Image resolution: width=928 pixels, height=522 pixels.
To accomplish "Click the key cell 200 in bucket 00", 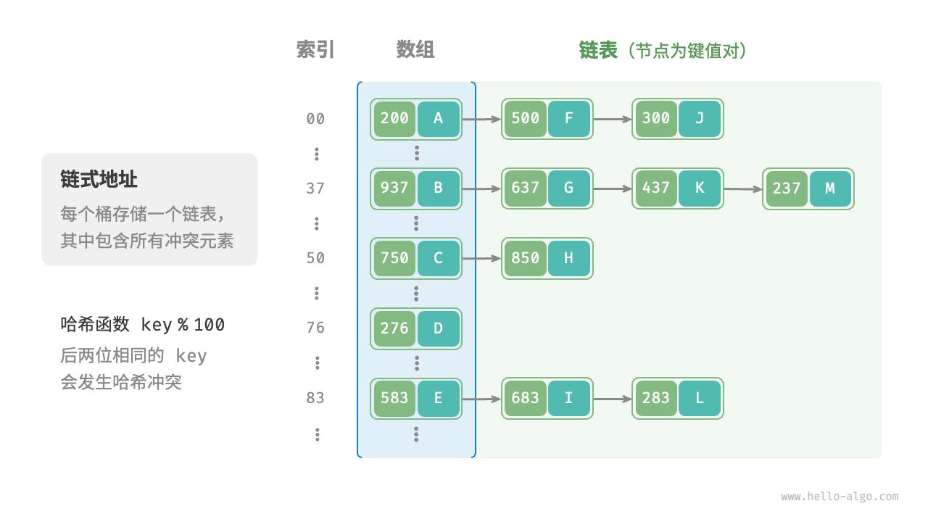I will pos(394,119).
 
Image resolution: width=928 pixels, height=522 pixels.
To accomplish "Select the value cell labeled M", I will pos(830,188).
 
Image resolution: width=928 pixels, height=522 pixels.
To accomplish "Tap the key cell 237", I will pos(787,188).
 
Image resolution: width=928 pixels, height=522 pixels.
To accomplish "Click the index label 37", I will pos(315,188).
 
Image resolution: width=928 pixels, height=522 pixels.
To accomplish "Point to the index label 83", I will pos(315,398).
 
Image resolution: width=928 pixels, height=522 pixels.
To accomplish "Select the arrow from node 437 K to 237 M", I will pos(743,189).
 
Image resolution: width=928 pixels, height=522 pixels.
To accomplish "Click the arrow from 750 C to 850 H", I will pos(481,258).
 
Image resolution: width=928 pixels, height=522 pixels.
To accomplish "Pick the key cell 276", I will pos(394,328).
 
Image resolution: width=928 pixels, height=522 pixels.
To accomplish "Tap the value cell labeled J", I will pos(700,119).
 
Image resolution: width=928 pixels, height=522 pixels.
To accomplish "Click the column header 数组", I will pos(415,49).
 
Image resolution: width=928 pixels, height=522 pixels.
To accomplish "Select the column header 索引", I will pos(315,49).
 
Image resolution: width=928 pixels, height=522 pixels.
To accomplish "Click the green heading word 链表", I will pos(598,49).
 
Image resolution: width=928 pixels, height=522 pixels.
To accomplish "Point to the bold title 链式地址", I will pos(99,179).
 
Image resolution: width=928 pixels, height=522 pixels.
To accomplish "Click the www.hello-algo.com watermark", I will pos(840,497).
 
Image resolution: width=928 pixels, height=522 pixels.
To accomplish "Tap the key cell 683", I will pos(526,398).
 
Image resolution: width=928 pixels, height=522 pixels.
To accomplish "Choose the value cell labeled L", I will pos(700,398).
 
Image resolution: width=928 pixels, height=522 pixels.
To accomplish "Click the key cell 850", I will pos(526,258).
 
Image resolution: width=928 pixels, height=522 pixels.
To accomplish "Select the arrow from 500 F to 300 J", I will pos(613,119).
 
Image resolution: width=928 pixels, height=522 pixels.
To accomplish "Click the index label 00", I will pos(315,119).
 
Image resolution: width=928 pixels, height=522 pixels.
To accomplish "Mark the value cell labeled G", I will pos(569,188).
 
